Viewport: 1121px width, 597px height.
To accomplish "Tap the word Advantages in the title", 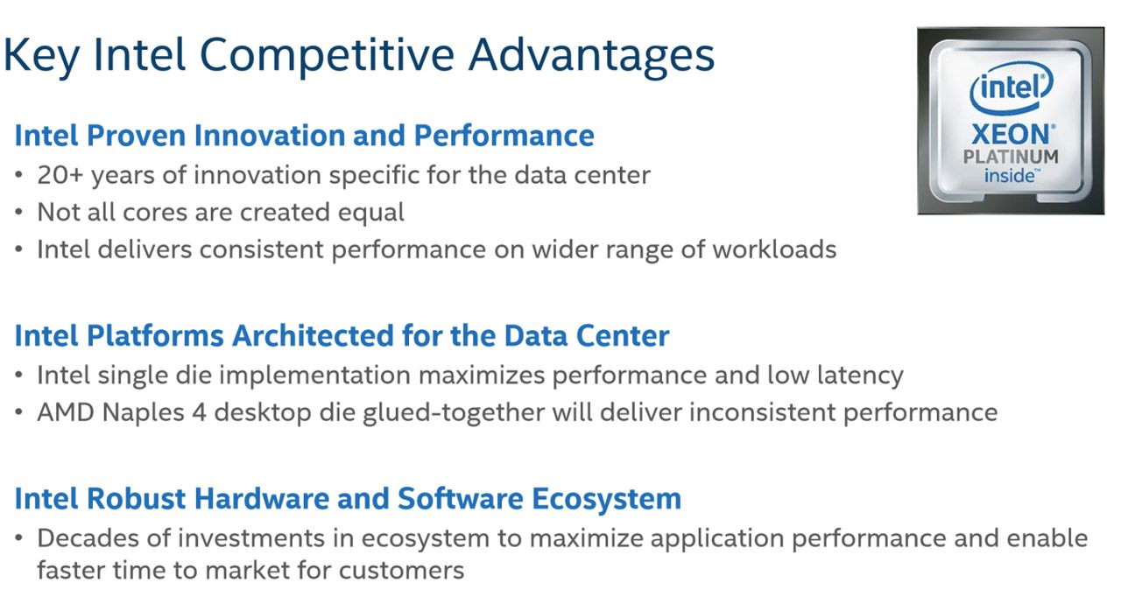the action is (x=591, y=57).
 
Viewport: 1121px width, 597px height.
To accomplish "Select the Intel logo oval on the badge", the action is (x=1012, y=88).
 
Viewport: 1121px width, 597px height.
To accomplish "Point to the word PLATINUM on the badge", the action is (x=1011, y=157).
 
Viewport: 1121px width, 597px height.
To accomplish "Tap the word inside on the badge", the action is (x=1010, y=176).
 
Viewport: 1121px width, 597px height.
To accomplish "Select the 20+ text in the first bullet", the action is (x=60, y=175).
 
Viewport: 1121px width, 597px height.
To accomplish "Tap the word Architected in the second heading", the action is (x=314, y=336).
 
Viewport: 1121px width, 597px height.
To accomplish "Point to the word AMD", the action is (x=66, y=413).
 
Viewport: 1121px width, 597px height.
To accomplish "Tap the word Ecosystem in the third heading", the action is (x=606, y=500).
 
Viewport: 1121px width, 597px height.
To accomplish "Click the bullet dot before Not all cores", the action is (x=18, y=212).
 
